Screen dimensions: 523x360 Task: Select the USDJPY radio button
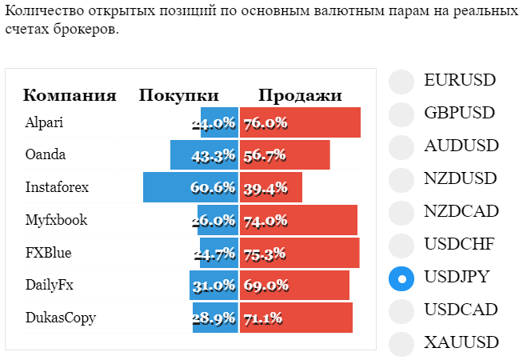point(401,278)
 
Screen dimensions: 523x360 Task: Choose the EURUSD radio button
point(401,82)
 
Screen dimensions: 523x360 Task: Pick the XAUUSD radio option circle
point(401,344)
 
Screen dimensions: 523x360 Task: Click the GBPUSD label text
point(459,113)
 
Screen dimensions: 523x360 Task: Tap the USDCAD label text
point(461,310)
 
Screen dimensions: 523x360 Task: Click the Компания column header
point(70,95)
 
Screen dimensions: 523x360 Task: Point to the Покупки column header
point(179,95)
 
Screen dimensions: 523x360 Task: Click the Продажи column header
point(300,95)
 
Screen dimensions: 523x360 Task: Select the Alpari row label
point(44,122)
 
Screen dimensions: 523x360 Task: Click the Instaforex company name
point(57,187)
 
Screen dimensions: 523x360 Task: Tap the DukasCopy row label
point(61,318)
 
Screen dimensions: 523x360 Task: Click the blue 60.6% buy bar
point(191,187)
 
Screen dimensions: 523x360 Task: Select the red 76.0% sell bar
point(300,122)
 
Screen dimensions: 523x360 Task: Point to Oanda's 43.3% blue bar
point(205,155)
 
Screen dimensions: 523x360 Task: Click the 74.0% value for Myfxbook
point(265,221)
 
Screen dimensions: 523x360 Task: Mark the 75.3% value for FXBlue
point(265,254)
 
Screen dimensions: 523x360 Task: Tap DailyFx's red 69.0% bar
point(294,286)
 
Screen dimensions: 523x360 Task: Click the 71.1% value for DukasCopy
point(263,318)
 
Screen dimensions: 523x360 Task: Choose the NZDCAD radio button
point(401,213)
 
